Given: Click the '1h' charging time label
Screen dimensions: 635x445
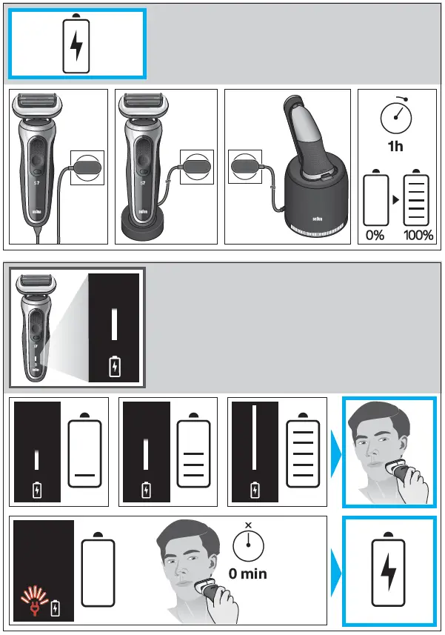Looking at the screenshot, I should [395, 146].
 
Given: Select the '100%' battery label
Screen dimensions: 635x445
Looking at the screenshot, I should [418, 235].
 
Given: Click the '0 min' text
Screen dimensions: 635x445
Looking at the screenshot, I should [248, 573].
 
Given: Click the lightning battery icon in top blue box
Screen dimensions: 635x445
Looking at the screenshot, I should [76, 46].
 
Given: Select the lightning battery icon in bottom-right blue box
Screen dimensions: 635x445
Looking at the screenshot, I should [388, 572].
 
